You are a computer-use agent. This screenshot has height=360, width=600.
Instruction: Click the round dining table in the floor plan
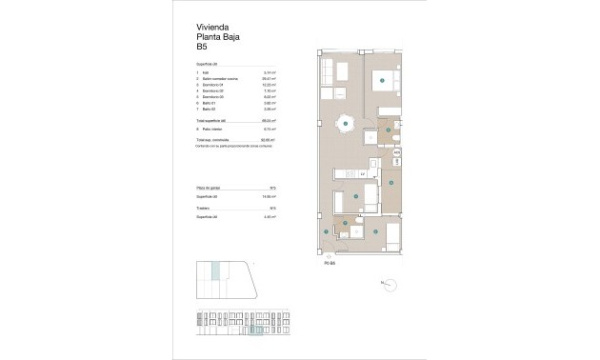[344, 122]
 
